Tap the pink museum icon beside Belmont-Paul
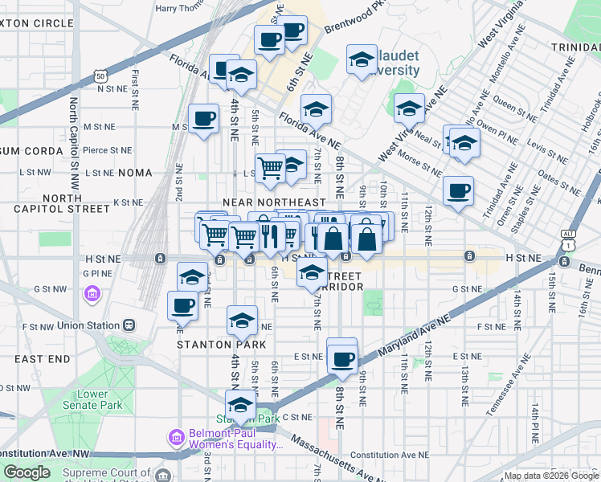click(x=176, y=438)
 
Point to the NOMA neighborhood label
click(x=134, y=173)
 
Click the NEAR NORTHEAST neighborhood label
click(x=274, y=203)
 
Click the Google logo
click(x=27, y=472)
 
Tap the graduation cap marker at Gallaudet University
click(x=362, y=60)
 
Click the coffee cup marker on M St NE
click(x=203, y=120)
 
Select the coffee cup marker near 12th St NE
click(x=458, y=191)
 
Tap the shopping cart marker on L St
click(x=271, y=169)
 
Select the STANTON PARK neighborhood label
click(x=210, y=345)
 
